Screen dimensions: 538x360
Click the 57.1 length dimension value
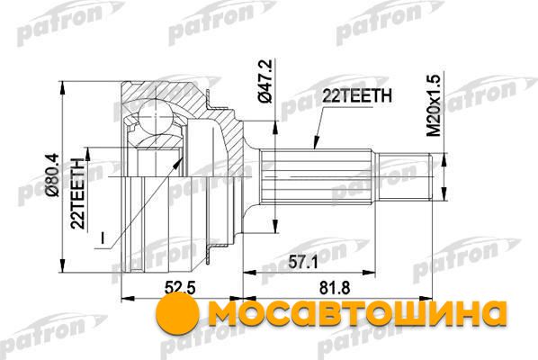pyautogui.click(x=302, y=263)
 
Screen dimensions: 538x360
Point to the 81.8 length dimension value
pyautogui.click(x=335, y=288)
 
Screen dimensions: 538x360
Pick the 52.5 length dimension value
pyautogui.click(x=180, y=288)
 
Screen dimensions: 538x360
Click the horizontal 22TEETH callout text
pyautogui.click(x=357, y=96)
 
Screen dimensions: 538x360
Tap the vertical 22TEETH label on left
pyautogui.click(x=77, y=193)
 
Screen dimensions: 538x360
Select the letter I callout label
pyautogui.click(x=103, y=238)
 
